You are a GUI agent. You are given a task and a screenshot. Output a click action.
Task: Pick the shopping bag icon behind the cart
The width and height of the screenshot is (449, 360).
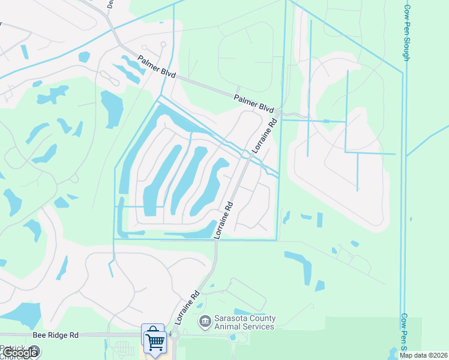click(152, 332)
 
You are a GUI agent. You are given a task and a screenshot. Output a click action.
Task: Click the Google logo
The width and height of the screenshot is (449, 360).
click(20, 353)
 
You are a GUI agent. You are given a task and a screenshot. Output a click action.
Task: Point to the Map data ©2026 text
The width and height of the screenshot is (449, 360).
click(423, 355)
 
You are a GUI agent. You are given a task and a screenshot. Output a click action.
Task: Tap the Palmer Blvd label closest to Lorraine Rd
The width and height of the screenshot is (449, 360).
click(254, 104)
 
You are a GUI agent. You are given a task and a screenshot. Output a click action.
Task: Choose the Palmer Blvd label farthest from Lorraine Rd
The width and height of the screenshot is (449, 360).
click(156, 67)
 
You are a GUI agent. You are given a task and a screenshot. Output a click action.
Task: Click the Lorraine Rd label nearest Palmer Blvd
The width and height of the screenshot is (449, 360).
click(265, 135)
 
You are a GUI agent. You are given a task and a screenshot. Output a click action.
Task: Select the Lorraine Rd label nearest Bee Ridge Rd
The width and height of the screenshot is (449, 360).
click(187, 308)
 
